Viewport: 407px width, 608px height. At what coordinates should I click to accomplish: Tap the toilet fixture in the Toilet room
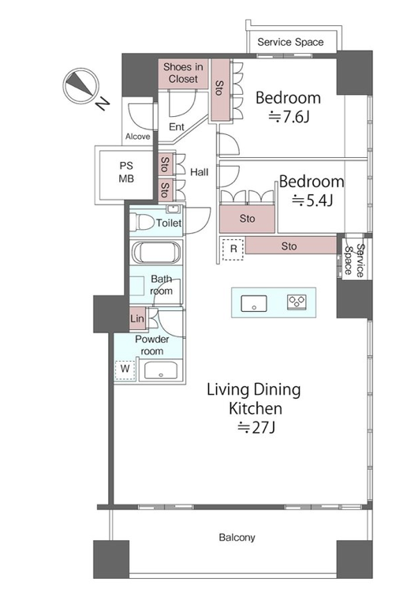[142, 223]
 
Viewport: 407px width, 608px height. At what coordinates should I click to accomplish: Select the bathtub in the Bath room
[156, 252]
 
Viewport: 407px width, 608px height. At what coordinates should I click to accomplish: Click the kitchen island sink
[254, 303]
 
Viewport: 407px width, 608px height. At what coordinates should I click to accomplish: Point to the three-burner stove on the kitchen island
[297, 302]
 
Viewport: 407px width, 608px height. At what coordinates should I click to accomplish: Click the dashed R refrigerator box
[233, 249]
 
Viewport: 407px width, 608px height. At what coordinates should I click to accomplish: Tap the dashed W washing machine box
[125, 369]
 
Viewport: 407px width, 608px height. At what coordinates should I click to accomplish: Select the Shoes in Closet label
[183, 73]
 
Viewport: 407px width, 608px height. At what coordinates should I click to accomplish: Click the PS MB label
[126, 172]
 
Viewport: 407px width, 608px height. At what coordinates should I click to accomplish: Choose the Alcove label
[138, 137]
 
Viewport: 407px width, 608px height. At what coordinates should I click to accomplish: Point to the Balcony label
[237, 538]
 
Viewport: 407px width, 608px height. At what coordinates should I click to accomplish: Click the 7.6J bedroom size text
[289, 117]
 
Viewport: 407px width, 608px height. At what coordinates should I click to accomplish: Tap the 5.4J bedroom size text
[312, 201]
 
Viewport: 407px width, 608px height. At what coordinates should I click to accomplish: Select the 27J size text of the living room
[256, 428]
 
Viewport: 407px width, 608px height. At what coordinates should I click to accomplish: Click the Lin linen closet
[137, 319]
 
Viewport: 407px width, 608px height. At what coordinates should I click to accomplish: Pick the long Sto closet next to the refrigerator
[291, 246]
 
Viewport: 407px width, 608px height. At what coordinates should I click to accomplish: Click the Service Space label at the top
[290, 42]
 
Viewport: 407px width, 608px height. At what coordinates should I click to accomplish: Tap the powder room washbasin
[161, 370]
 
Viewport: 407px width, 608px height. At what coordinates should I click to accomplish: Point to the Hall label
[199, 172]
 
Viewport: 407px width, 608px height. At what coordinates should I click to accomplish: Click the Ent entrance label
[177, 127]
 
